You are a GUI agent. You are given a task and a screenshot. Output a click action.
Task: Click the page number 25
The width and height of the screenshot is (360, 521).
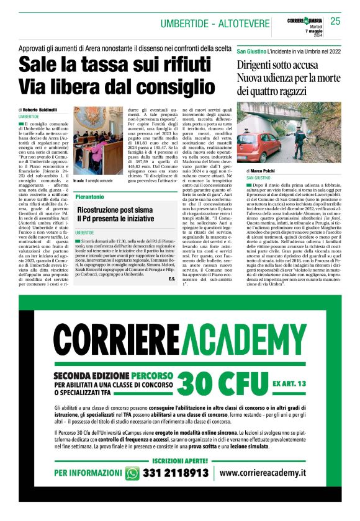pos(336,20)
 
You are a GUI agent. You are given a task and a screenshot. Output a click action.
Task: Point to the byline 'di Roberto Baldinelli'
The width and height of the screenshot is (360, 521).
pos(37,110)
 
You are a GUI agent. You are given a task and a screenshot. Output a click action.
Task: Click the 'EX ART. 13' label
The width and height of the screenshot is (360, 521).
pos(289,384)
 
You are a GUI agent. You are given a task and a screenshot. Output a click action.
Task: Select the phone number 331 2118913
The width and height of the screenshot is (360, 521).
pos(175,473)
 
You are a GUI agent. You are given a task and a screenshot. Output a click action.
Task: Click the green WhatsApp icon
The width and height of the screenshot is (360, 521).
pos(132,473)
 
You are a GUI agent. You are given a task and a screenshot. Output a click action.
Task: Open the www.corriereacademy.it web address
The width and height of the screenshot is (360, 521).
pos(264,473)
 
